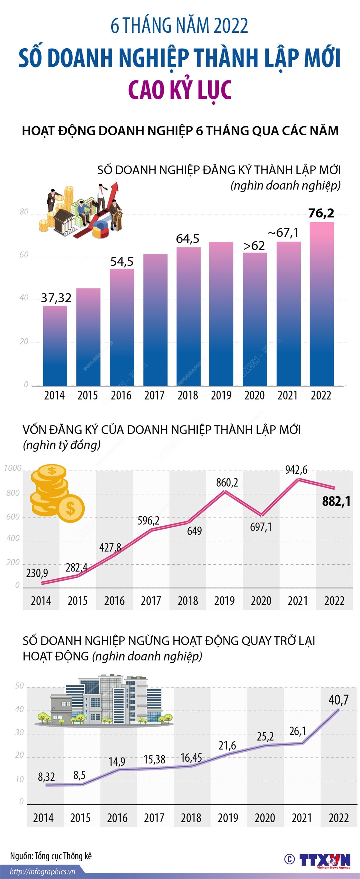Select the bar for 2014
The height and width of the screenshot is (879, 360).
point(55,345)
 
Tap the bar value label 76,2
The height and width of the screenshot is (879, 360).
point(321,213)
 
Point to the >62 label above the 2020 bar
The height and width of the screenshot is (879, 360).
point(254,246)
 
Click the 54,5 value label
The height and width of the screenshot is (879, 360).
point(121,262)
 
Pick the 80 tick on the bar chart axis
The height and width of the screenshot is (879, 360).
point(24,212)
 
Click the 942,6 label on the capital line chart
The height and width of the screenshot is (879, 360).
point(296,470)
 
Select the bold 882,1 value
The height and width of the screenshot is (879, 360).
point(336,501)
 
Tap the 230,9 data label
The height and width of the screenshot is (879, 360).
point(37,573)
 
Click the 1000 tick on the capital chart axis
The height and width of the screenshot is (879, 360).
point(13,468)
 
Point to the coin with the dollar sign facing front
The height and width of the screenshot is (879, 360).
point(70,508)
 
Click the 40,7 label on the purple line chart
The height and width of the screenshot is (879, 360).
point(338,700)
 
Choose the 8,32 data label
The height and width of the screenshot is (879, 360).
point(46,777)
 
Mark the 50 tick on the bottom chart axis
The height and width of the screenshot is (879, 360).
point(19,686)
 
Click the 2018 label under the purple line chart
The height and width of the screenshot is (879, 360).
point(191,818)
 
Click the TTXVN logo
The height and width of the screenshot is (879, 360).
point(325,859)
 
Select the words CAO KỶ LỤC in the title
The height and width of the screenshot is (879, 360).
point(180,89)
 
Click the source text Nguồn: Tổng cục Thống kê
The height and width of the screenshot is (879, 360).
point(51,856)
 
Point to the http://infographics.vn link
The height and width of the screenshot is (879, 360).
point(42,871)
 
